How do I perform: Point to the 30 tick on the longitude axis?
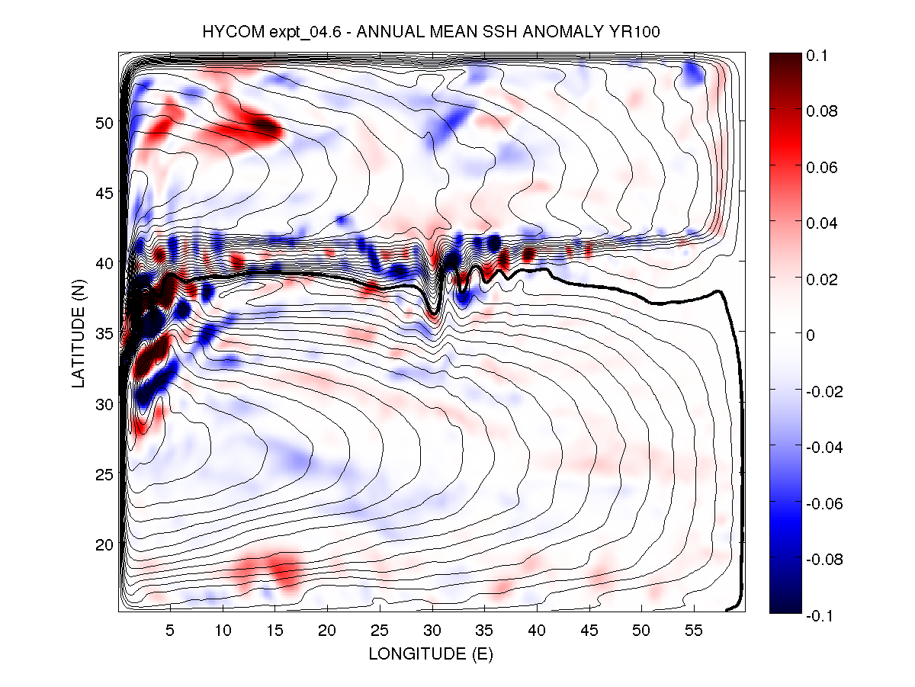tap(432, 631)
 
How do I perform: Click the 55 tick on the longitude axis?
tap(694, 631)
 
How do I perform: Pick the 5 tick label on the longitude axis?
tap(171, 631)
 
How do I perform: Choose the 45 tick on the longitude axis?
tap(589, 631)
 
